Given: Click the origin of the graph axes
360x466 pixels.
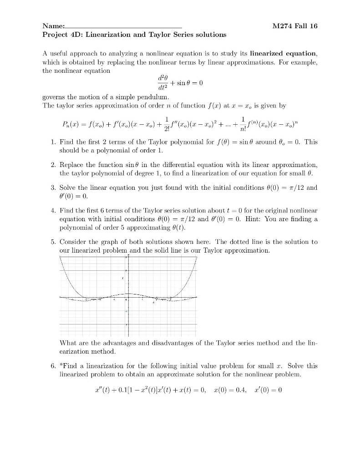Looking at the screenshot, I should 128,297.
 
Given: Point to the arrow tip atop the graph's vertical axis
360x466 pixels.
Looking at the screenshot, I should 128,255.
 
